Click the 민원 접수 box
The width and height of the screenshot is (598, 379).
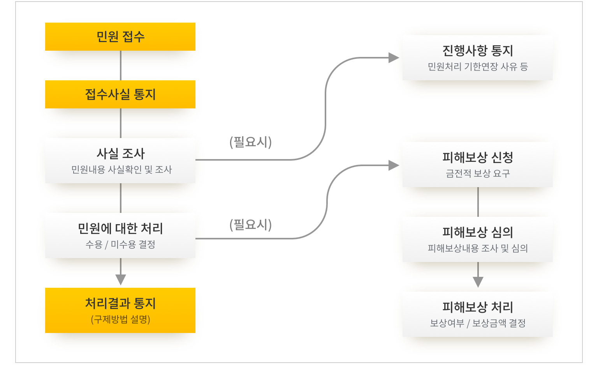[x=120, y=37]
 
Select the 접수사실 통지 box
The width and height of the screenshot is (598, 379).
[x=120, y=94]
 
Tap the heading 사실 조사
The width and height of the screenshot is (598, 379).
[x=120, y=154]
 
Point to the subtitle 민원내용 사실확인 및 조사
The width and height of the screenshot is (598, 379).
[x=121, y=170]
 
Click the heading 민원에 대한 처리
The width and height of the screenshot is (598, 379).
[x=120, y=228]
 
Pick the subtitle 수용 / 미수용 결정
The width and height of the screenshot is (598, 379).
[x=120, y=244]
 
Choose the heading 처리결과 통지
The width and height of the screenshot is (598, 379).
[x=120, y=303]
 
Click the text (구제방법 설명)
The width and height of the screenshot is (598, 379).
[x=120, y=319]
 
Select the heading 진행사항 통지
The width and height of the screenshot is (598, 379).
[x=478, y=51]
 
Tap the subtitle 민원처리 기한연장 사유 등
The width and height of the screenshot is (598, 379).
[x=478, y=67]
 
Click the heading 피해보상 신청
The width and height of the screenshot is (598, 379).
[x=478, y=158]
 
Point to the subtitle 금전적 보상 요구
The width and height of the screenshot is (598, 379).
[x=478, y=174]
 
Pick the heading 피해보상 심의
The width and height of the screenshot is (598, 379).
[x=478, y=232]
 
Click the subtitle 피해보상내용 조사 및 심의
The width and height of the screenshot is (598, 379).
[x=478, y=248]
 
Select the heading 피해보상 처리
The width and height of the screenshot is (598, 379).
[x=478, y=307]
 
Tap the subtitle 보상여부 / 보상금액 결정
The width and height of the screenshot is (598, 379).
[x=478, y=323]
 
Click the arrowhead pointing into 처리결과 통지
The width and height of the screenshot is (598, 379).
[x=121, y=280]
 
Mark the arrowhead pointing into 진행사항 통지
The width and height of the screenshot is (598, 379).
[x=394, y=58]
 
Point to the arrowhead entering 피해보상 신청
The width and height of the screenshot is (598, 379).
[x=394, y=165]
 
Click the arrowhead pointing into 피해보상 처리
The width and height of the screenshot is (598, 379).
[x=478, y=282]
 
